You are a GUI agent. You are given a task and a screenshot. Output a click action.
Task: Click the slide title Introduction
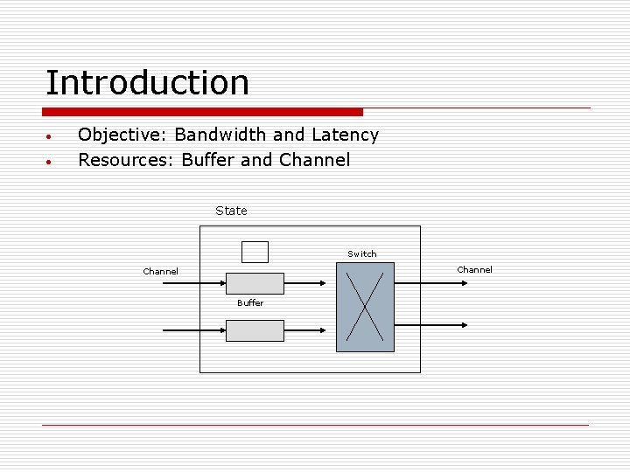click(x=147, y=83)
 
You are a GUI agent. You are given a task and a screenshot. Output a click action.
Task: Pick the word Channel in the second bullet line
click(x=314, y=160)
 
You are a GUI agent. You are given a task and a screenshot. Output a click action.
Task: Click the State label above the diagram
click(x=231, y=211)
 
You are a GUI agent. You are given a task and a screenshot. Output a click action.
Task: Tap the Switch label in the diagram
click(x=362, y=253)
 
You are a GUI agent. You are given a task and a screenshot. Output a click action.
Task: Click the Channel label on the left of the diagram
click(x=160, y=271)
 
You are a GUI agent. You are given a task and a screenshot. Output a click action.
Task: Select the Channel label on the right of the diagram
click(x=474, y=269)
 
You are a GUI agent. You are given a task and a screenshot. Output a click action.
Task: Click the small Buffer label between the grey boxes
click(x=250, y=302)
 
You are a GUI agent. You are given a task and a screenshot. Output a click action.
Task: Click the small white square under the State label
click(x=255, y=252)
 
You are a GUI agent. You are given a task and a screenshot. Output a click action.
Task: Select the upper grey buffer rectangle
click(x=255, y=283)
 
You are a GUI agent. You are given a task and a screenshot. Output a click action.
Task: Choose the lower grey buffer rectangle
click(x=255, y=330)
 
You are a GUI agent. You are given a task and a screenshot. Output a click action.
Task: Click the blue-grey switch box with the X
click(x=365, y=307)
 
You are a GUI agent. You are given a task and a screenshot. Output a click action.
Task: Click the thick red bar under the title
click(x=202, y=111)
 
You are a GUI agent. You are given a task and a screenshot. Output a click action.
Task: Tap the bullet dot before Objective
click(x=52, y=137)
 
